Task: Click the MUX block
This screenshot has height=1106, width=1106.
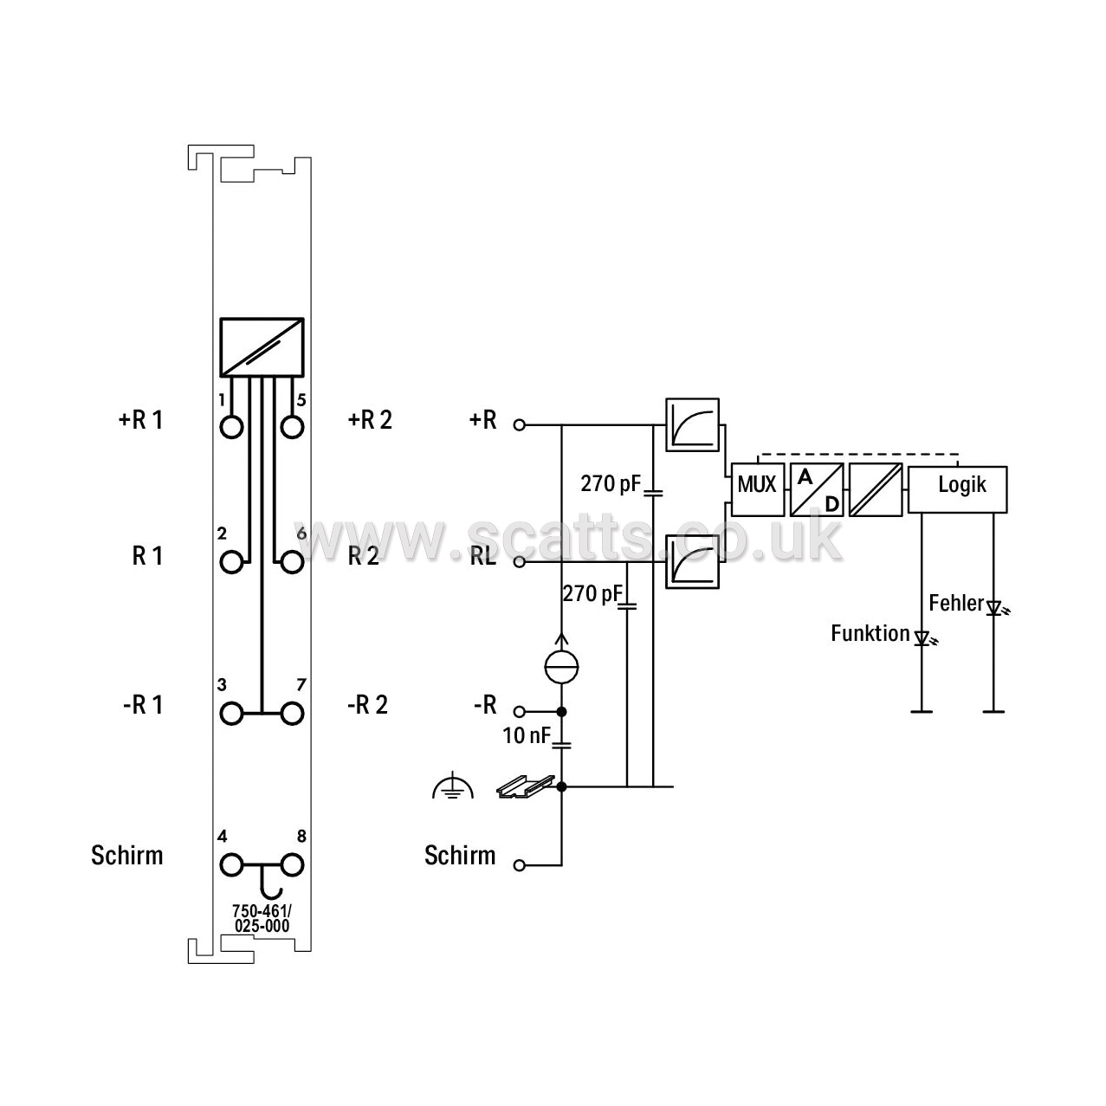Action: click(x=758, y=489)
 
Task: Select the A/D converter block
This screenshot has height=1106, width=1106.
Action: click(x=817, y=489)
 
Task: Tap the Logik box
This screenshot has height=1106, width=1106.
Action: click(x=957, y=489)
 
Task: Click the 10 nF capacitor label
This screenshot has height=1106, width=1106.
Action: click(x=527, y=735)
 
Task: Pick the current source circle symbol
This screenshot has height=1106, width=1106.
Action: click(x=561, y=666)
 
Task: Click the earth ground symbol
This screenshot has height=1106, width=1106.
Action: click(x=453, y=786)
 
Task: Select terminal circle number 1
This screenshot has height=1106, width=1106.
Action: click(x=232, y=428)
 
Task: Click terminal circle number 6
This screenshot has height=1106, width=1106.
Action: click(x=292, y=562)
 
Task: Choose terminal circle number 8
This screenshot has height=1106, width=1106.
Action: click(x=292, y=864)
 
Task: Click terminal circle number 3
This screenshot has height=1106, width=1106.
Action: click(x=232, y=714)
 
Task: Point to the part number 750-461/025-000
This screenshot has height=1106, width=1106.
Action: click(x=262, y=918)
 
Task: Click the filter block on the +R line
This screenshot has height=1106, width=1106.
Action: click(x=692, y=424)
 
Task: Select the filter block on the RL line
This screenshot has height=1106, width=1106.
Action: click(x=692, y=561)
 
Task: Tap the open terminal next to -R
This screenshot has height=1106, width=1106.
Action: click(x=520, y=712)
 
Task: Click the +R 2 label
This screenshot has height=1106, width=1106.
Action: click(x=370, y=420)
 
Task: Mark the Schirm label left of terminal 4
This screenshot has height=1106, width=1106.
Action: click(x=126, y=855)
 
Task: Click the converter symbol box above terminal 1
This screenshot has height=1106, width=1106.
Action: click(x=262, y=347)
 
